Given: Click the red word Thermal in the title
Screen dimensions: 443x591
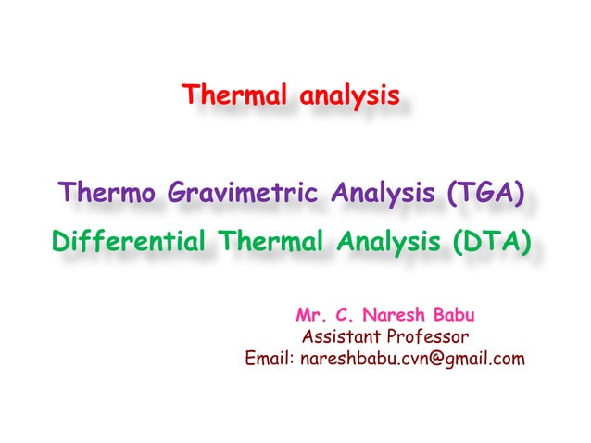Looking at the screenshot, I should coord(228,95).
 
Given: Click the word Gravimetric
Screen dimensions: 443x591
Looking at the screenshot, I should coord(245,196).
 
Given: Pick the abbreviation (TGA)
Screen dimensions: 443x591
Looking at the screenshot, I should coord(488,196).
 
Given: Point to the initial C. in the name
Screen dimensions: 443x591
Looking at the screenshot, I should coord(344,314).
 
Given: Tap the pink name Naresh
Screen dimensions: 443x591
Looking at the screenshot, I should coord(395,314).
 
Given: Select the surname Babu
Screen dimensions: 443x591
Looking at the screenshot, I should coord(459,314).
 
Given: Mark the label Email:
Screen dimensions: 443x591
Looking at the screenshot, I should coord(269,358).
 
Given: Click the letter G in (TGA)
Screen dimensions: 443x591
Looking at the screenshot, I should coord(489,196).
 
